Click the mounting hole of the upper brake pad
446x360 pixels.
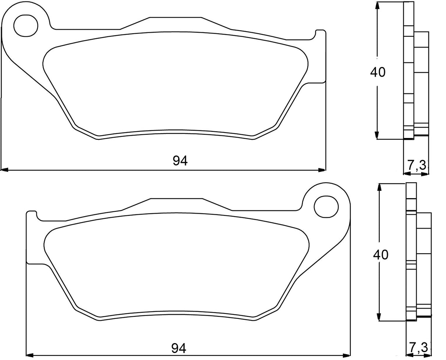click(x=26, y=25)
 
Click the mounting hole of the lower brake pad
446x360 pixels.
click(x=326, y=207)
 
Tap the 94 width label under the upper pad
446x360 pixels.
click(x=180, y=161)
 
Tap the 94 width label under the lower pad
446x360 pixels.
click(x=179, y=348)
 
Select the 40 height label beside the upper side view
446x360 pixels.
click(x=378, y=72)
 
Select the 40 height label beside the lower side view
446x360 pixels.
click(x=380, y=254)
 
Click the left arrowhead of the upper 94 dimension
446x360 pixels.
click(x=4, y=170)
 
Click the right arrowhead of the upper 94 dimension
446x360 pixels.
click(x=322, y=170)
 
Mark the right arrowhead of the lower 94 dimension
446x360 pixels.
click(x=346, y=355)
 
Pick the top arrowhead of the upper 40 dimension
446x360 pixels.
click(x=377, y=6)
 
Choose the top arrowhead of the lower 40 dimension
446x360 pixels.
click(x=379, y=187)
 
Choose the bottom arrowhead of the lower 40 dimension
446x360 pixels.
click(x=379, y=317)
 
